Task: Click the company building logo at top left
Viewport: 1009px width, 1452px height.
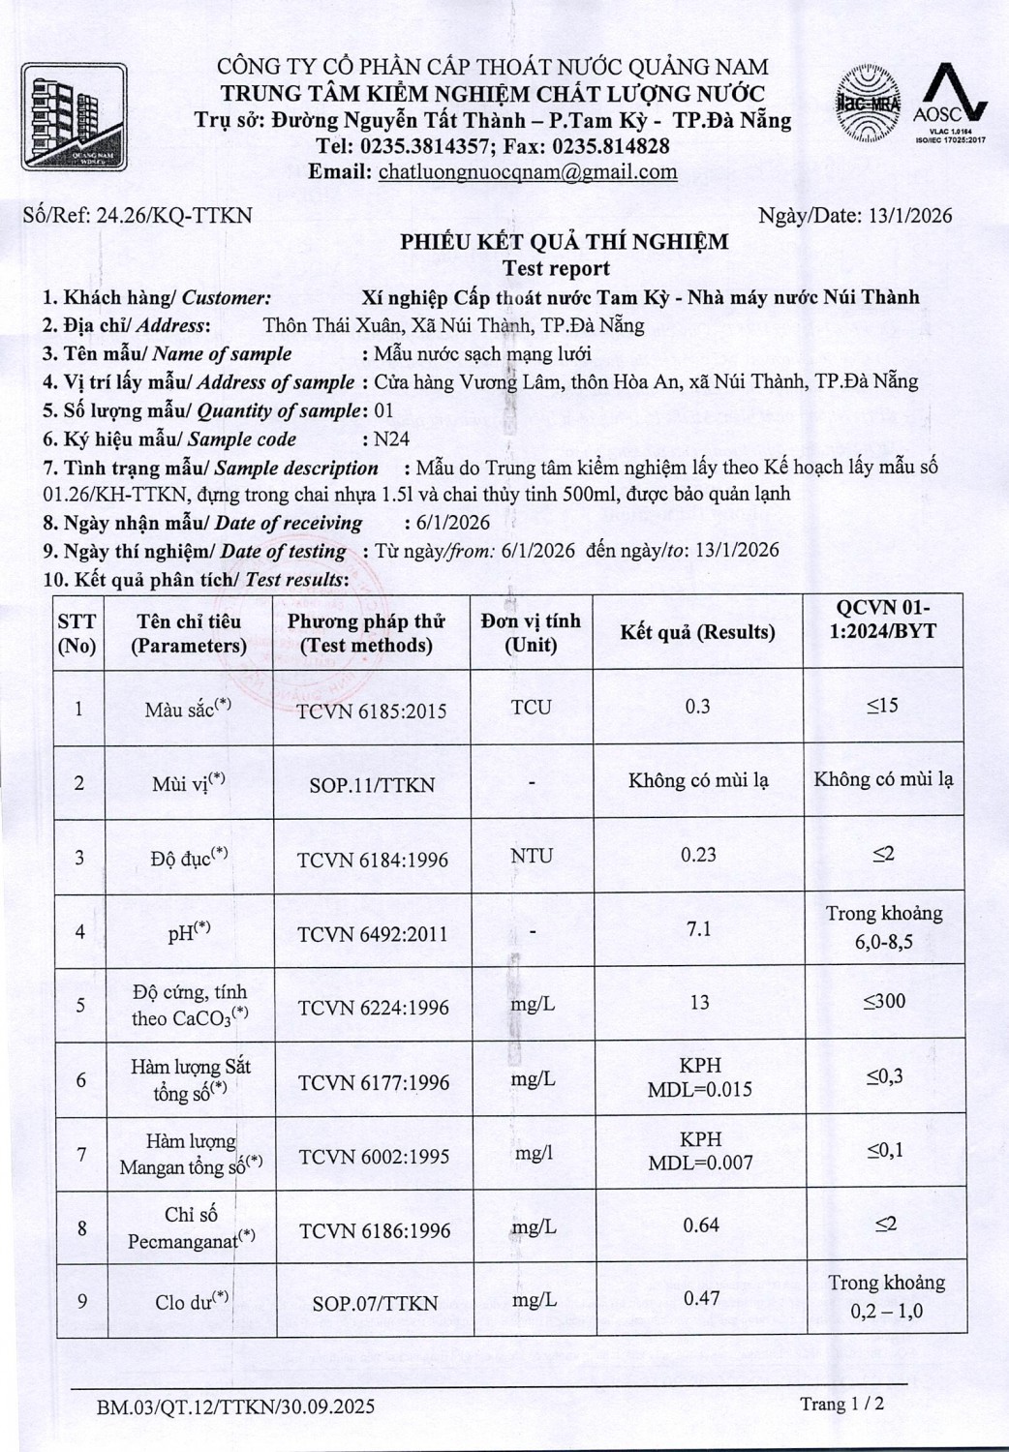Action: [x=74, y=117]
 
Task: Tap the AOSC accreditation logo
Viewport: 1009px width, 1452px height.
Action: [x=950, y=105]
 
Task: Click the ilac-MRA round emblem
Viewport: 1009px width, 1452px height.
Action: [x=869, y=105]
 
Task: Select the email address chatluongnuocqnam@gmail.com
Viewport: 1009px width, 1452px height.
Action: [x=527, y=172]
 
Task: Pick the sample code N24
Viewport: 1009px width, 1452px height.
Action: [x=391, y=439]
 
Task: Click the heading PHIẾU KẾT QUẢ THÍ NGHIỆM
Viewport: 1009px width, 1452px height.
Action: [x=565, y=242]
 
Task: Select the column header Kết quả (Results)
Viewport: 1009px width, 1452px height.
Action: [x=697, y=632]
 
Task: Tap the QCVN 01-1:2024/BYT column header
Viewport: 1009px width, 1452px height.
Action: [x=884, y=620]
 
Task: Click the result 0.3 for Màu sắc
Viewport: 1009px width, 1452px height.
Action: [x=697, y=707]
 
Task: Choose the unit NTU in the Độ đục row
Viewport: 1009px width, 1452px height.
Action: [x=532, y=857]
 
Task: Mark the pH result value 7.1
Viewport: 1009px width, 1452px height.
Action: [x=698, y=929]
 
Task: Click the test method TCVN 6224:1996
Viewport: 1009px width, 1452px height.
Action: [x=373, y=1008]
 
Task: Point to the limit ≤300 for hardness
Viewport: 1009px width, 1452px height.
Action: [x=884, y=1002]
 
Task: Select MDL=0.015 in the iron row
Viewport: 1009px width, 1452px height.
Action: [x=699, y=1089]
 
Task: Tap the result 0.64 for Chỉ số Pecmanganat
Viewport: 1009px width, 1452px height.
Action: [x=700, y=1225]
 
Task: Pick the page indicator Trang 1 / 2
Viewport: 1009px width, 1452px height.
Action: [x=841, y=1404]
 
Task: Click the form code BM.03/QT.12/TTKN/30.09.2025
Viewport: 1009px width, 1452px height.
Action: [x=235, y=1407]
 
